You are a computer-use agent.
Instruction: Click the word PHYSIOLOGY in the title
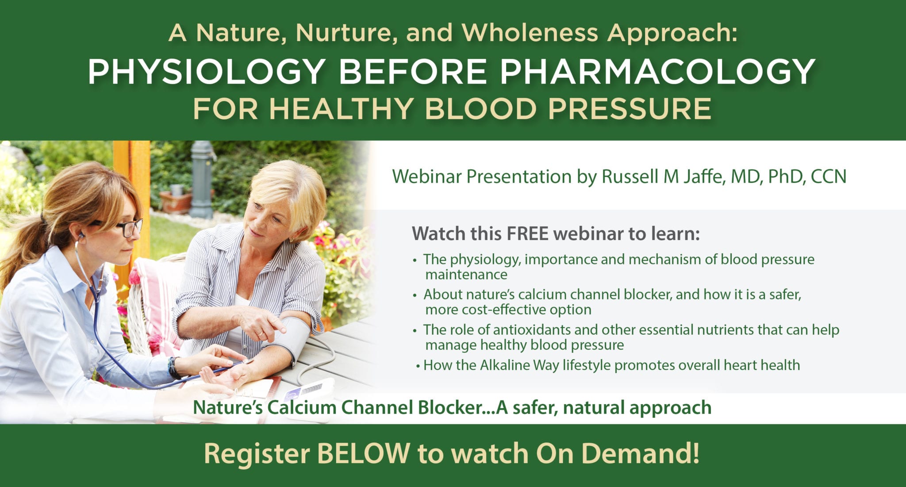[x=207, y=72]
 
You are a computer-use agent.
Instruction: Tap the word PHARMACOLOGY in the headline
[x=658, y=72]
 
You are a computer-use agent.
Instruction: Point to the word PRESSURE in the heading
[x=630, y=108]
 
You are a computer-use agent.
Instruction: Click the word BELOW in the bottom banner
[x=363, y=453]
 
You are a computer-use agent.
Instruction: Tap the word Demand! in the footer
[x=640, y=453]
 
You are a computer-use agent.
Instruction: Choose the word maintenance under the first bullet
[x=466, y=274]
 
